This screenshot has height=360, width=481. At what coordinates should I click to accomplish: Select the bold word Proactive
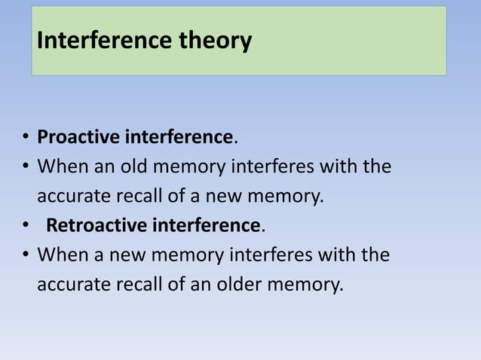point(78,137)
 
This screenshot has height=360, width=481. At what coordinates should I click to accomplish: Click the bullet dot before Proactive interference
point(25,138)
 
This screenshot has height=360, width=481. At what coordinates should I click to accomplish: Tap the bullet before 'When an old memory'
point(25,166)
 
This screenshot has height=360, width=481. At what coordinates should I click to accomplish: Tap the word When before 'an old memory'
point(61,166)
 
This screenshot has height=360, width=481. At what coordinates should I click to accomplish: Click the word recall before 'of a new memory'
point(136,197)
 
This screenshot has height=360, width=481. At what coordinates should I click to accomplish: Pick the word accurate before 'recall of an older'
point(74,285)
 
